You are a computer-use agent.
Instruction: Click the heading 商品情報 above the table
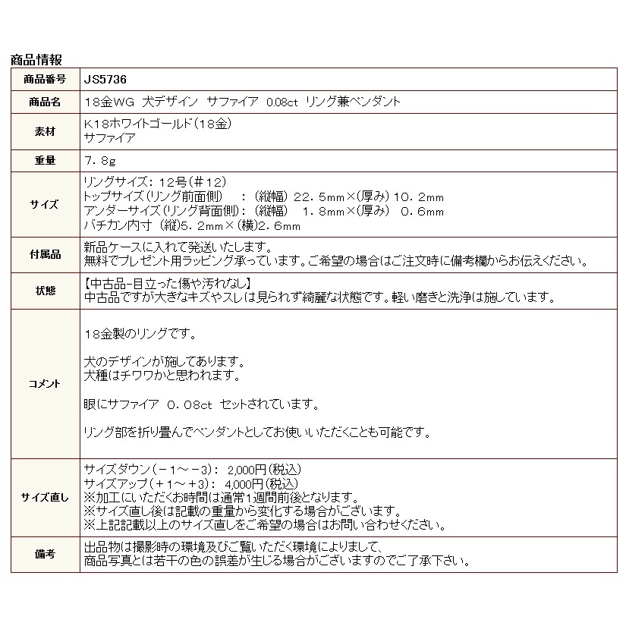36,59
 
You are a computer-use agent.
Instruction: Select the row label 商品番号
45,79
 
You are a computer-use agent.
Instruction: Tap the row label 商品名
45,102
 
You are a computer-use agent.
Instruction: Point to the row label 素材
45,131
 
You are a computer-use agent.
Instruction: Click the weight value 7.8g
100,161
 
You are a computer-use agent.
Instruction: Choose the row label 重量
45,161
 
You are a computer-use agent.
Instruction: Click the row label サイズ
45,204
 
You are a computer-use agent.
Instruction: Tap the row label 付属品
45,254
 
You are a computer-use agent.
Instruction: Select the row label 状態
45,291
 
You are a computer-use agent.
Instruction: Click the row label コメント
45,384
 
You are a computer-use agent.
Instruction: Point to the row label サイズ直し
45,498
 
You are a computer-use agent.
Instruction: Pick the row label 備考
45,555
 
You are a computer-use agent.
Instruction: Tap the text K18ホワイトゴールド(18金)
156,124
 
